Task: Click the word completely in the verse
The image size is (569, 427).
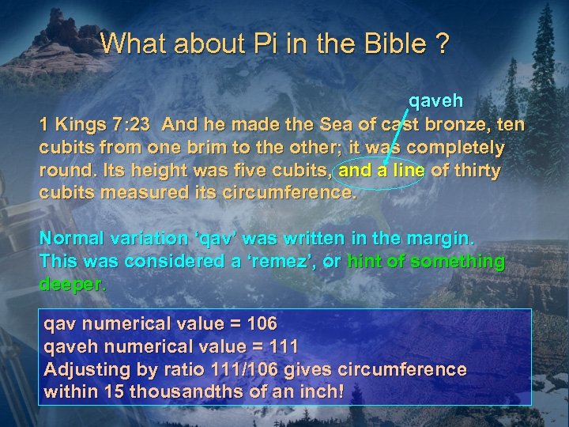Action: click(456, 148)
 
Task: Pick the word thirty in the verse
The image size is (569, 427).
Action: click(476, 171)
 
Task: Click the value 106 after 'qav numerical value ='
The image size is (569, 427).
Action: click(261, 323)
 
